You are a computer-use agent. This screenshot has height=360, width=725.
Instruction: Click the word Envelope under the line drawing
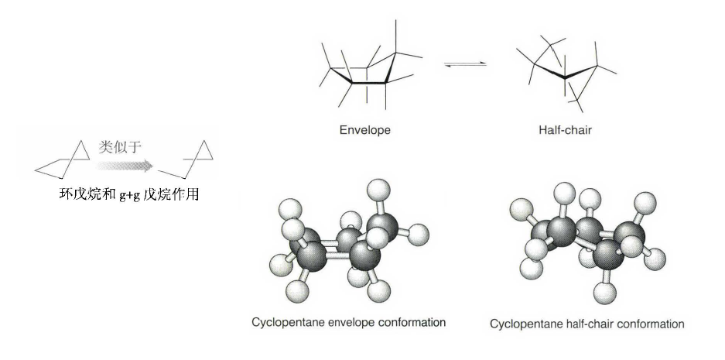pyautogui.click(x=364, y=130)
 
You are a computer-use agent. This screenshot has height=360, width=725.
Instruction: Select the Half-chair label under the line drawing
pyautogui.click(x=565, y=130)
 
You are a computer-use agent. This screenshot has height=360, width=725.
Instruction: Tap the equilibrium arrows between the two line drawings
pyautogui.click(x=467, y=63)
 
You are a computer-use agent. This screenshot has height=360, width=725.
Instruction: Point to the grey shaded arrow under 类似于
pyautogui.click(x=124, y=164)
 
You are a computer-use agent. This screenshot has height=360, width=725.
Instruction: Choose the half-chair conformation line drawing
pyautogui.click(x=569, y=70)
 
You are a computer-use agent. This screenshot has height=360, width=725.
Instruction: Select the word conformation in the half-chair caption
pyautogui.click(x=648, y=324)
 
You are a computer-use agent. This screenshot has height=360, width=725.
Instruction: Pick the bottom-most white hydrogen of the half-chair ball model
pyautogui.click(x=604, y=293)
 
